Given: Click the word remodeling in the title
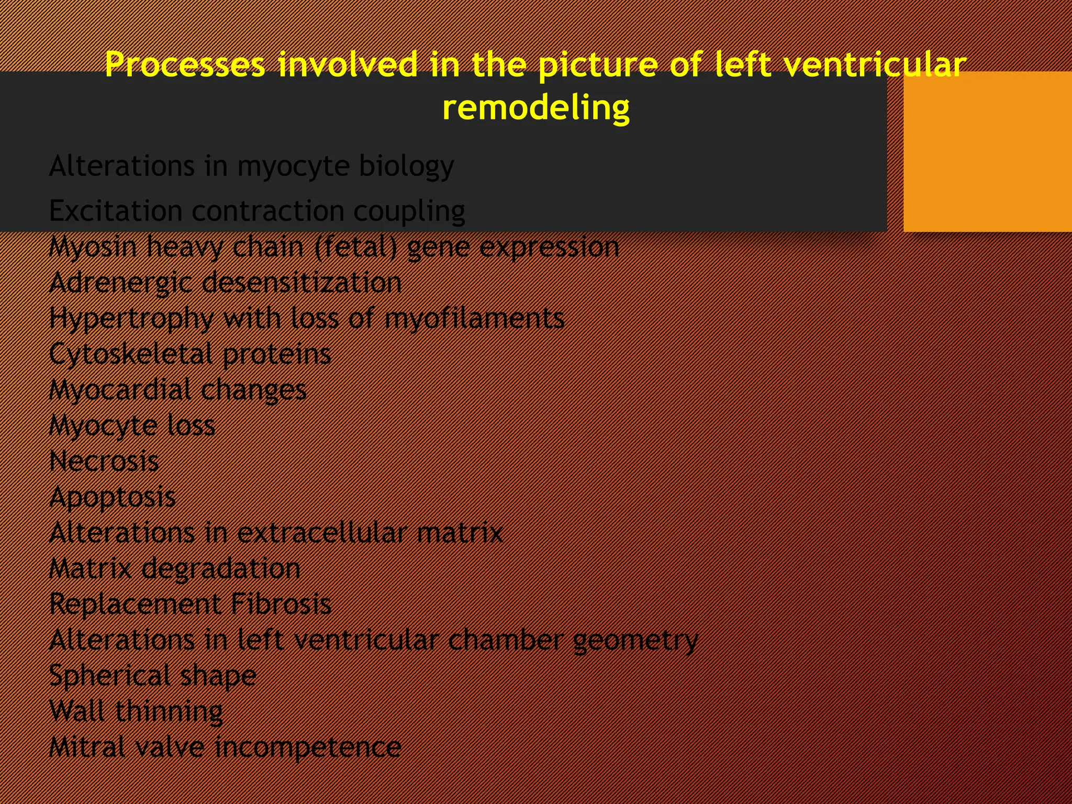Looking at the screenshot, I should [x=536, y=108].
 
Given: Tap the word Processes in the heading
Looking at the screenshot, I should [x=185, y=65].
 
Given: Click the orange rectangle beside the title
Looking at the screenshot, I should [x=987, y=152].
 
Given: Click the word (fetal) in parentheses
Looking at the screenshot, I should [x=356, y=247].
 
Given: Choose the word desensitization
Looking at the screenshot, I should [x=301, y=283].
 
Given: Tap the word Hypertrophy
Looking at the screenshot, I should [x=131, y=319].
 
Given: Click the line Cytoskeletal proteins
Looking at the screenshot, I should [x=190, y=354].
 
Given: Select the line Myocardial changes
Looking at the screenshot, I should [x=178, y=390].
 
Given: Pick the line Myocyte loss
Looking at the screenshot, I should [x=132, y=426].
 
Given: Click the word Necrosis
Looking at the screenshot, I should [x=104, y=461].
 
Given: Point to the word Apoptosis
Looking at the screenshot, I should [x=113, y=497].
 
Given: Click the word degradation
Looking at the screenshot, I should [x=221, y=569].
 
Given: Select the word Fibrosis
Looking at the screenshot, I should [x=281, y=604].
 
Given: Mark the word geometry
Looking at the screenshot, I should [x=635, y=640].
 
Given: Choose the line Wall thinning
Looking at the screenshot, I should [x=136, y=711].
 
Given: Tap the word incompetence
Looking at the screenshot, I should [x=308, y=747].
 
